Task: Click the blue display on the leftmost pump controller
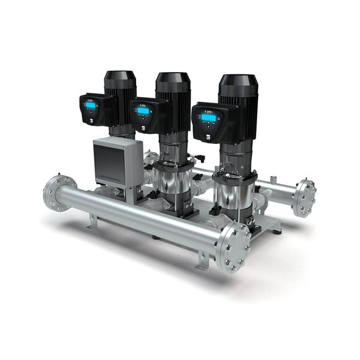click(x=91, y=106)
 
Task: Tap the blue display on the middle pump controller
click(x=143, y=110)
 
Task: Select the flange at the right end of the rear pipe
click(x=305, y=197)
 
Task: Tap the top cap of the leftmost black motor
click(x=120, y=77)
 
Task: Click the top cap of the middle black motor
click(x=173, y=79)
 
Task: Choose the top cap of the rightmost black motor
click(x=238, y=82)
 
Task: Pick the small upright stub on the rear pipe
click(x=273, y=179)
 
